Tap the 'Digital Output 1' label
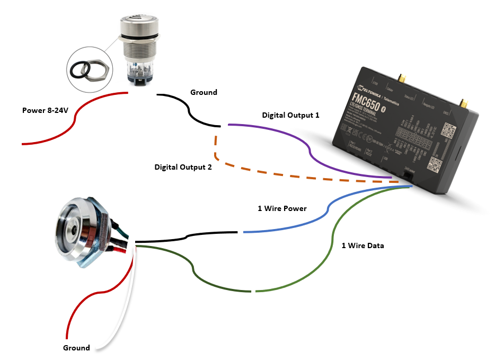tap(290, 115)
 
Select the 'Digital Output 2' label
tap(183, 166)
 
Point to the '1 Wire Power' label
tap(282, 208)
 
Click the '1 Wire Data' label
tap(362, 245)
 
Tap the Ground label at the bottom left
tap(76, 348)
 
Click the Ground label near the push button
tap(204, 92)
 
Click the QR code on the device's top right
tap(450, 130)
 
